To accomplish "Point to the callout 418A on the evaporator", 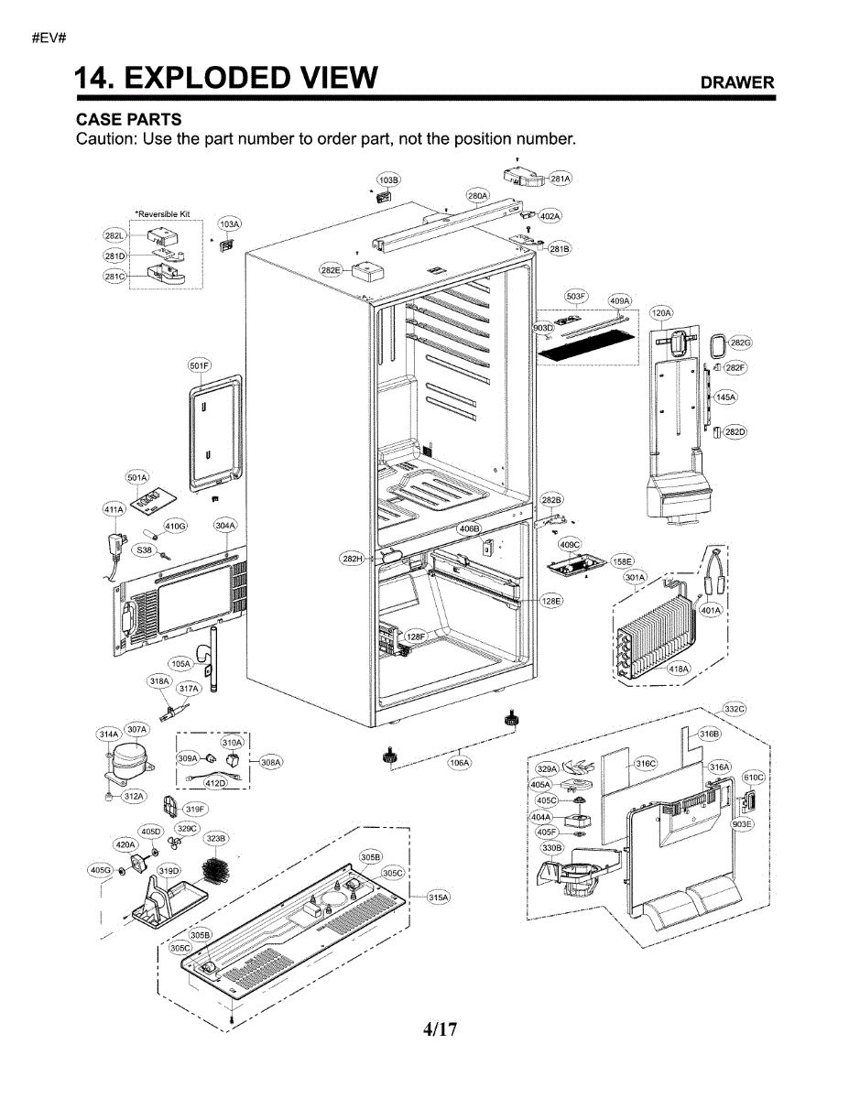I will point(679,669).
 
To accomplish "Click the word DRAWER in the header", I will point(737,82).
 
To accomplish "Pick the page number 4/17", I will point(440,1029).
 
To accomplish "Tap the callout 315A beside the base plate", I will point(440,898).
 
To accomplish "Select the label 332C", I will point(735,709).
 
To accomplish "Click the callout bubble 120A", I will point(661,313).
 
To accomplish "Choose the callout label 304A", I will point(225,526).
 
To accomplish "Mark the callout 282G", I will point(740,343).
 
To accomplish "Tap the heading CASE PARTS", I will point(128,120).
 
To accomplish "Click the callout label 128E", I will point(551,600).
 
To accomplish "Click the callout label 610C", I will point(753,777).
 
